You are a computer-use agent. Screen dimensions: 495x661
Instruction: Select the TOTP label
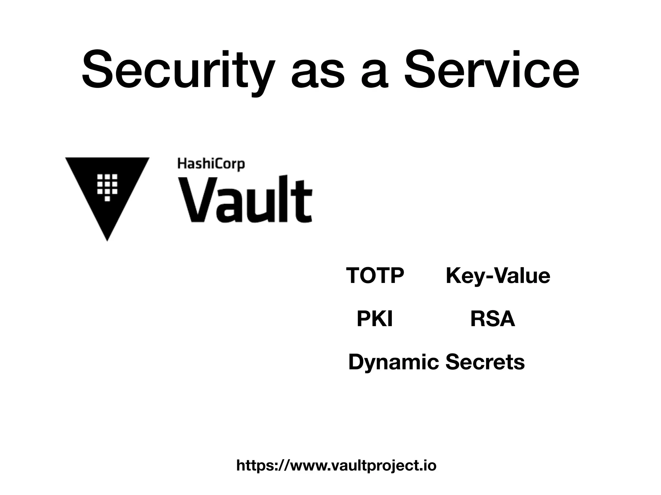pos(375,276)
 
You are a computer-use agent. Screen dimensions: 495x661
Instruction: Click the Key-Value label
pos(498,276)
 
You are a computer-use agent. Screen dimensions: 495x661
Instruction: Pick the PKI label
pos(374,319)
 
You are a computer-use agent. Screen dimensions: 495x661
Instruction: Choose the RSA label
pos(493,319)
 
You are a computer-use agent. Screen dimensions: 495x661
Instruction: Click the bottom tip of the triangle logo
pos(107,239)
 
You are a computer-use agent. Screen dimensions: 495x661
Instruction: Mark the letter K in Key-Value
pos(453,276)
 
